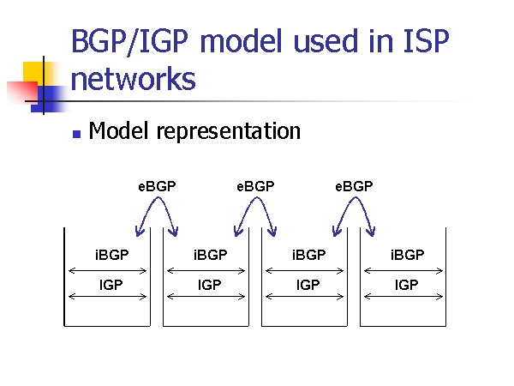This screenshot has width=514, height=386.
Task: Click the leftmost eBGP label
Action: pyautogui.click(x=157, y=186)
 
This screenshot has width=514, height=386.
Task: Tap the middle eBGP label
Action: pyautogui.click(x=255, y=186)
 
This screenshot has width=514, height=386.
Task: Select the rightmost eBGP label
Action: pyautogui.click(x=354, y=186)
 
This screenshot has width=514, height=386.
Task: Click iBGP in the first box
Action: pyautogui.click(x=111, y=255)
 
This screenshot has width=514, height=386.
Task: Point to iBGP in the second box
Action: pyautogui.click(x=210, y=255)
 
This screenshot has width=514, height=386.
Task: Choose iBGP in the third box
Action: pyautogui.click(x=308, y=255)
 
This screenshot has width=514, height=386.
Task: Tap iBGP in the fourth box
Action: pyautogui.click(x=407, y=255)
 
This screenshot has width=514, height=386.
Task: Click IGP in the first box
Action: pyautogui.click(x=111, y=285)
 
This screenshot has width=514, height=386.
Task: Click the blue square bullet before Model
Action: pyautogui.click(x=75, y=133)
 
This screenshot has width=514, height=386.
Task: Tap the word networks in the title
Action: pyautogui.click(x=133, y=79)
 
